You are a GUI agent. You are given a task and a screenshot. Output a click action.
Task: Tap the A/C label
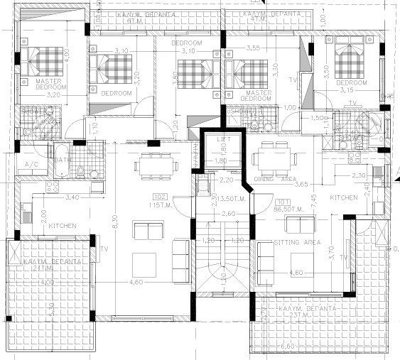click(32, 164)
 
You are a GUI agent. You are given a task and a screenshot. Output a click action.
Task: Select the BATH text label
click(63, 160)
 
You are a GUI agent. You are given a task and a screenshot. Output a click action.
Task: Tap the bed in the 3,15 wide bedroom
click(348, 62)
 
